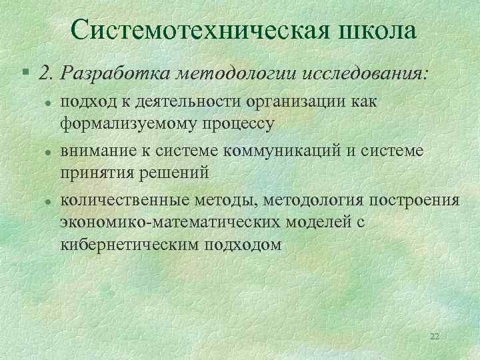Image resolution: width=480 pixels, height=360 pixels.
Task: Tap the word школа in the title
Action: [376, 30]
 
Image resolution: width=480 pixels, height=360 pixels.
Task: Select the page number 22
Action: [435, 336]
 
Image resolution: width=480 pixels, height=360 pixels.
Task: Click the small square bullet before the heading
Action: [24, 72]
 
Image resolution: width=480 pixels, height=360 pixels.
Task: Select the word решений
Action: [174, 172]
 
